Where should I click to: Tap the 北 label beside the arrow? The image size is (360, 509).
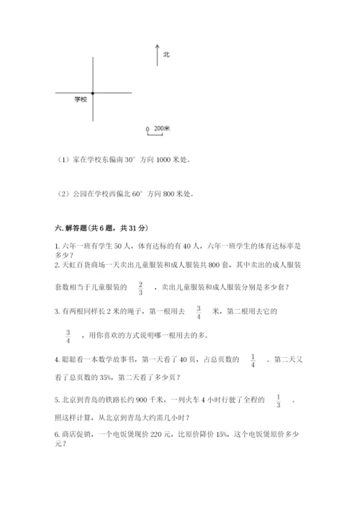coord(166,53)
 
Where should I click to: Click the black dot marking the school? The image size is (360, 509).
coord(93,93)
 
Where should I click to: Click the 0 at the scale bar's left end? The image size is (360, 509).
coord(148,130)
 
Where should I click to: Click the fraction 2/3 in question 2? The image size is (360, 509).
coord(140,288)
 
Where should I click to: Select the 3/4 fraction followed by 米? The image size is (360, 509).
coord(198,312)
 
